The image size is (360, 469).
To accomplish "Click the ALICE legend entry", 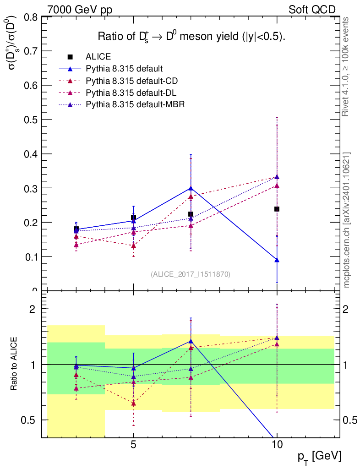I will (98, 57).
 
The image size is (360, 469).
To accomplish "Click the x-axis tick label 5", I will (133, 444).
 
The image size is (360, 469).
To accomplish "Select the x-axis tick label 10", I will (277, 444).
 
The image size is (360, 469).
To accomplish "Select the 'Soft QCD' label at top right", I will (312, 9).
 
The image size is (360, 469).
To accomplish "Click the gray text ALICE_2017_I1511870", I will (191, 274).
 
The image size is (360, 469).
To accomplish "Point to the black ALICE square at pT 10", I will (277, 209).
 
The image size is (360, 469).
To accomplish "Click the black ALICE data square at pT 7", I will (191, 214).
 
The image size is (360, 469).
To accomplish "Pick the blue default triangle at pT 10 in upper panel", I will (277, 260).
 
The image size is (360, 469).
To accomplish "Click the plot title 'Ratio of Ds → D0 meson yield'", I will (192, 37).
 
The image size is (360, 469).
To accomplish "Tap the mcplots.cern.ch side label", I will (347, 220).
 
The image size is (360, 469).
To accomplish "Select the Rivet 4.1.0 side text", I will (347, 66).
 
